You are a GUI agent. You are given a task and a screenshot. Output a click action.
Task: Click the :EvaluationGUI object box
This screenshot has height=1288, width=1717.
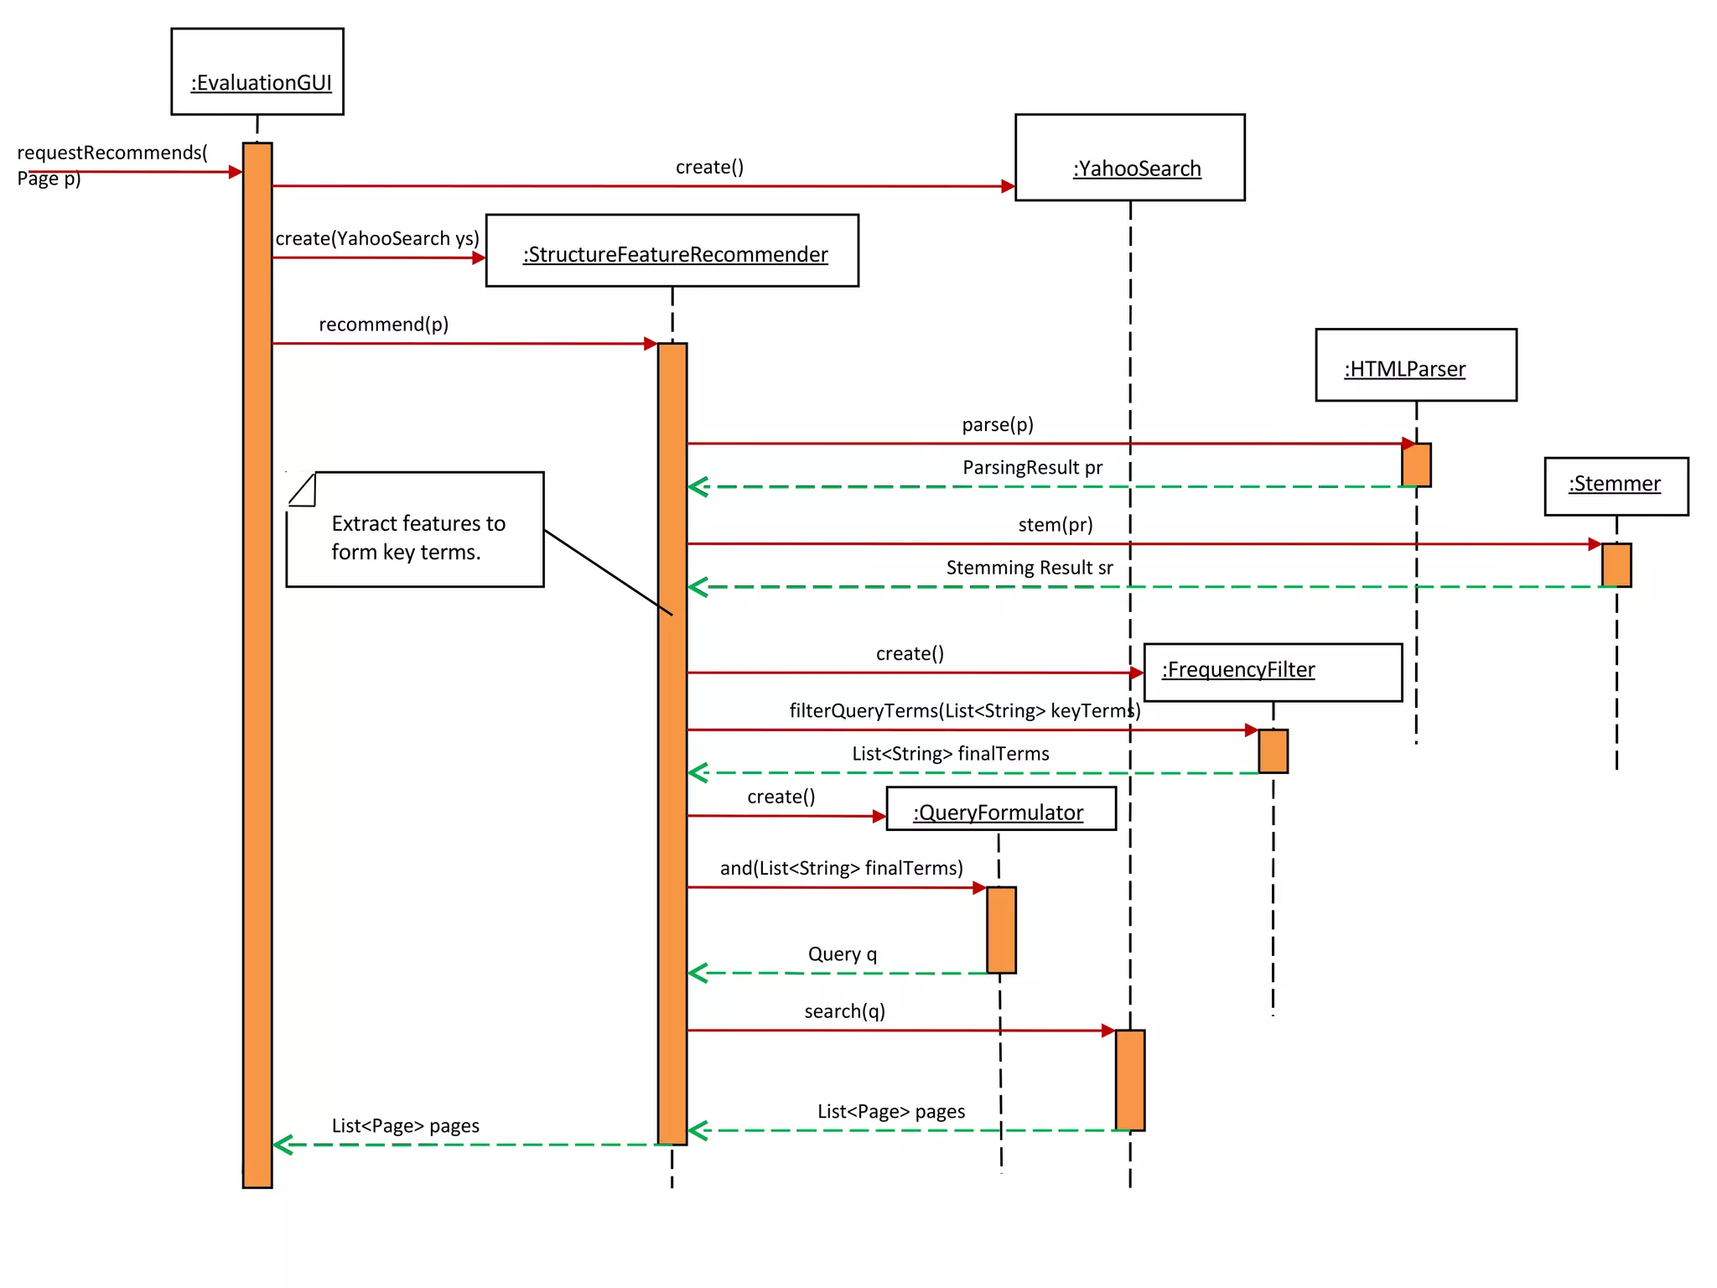(257, 72)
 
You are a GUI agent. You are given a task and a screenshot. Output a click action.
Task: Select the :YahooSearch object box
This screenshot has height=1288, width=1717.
(1129, 158)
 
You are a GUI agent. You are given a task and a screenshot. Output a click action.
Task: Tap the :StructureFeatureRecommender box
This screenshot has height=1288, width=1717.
(672, 251)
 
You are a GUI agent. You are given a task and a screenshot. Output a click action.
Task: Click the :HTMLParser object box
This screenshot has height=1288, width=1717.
(1415, 365)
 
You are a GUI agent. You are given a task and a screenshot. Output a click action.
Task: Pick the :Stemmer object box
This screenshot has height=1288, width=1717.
(1616, 486)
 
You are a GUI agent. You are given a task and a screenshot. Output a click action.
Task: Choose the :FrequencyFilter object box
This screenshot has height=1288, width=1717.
(1272, 673)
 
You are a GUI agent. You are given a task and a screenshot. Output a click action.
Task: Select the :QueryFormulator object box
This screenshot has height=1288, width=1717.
(1000, 809)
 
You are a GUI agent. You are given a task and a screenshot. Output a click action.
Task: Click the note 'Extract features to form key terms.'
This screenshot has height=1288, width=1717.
(415, 530)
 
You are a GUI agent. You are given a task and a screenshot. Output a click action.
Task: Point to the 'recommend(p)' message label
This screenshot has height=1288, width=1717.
(383, 325)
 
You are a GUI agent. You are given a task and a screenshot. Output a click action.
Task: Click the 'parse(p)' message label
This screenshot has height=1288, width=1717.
(997, 424)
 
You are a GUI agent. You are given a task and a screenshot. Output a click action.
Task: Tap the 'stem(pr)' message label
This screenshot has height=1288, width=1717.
(1055, 525)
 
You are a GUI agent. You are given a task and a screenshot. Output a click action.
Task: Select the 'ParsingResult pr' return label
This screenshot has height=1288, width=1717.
(1032, 468)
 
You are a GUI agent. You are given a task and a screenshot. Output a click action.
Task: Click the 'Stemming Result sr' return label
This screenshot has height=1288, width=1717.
(1029, 568)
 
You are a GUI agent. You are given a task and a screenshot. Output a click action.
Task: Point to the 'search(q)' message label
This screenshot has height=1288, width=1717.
(844, 1011)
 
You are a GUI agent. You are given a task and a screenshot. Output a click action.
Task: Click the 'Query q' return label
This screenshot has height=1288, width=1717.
(842, 954)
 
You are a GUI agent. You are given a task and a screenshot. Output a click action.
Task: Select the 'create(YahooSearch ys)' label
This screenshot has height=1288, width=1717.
(377, 239)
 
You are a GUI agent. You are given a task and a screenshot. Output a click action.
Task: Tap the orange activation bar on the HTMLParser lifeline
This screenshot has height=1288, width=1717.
(1416, 465)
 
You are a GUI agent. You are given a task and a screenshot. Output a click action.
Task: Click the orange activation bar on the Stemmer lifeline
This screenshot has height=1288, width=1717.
(1616, 565)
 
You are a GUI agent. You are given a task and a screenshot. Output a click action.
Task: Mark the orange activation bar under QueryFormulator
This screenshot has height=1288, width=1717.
(1001, 929)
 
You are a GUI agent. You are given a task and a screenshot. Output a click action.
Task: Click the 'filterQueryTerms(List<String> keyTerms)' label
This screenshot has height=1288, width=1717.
(964, 711)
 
